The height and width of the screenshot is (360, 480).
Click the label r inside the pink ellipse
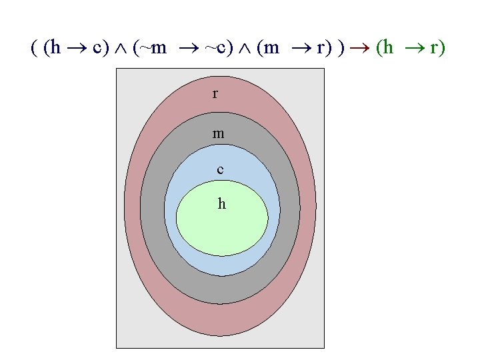point(215,93)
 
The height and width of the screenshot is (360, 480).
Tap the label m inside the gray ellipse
point(218,134)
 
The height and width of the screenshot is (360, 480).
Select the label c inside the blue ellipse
point(220,169)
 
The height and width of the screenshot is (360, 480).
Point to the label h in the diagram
point(221,204)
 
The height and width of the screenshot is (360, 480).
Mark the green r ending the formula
point(437,49)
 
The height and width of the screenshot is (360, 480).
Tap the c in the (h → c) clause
point(97,49)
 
